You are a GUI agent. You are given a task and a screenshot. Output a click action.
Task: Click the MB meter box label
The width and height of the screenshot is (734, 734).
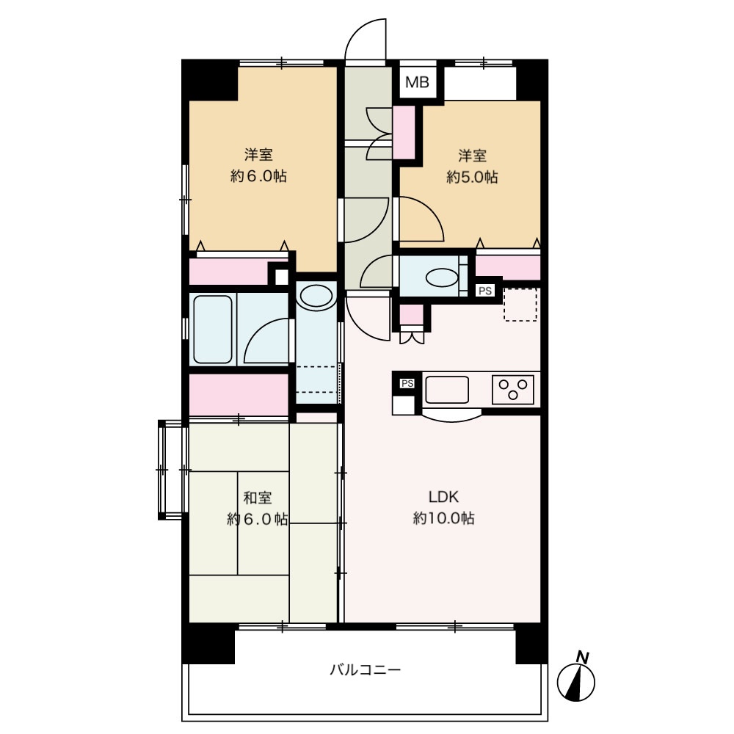[x=417, y=83]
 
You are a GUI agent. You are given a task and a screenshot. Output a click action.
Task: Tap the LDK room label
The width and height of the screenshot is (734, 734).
[x=444, y=497]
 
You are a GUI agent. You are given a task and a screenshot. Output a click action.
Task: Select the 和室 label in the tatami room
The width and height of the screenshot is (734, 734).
[x=258, y=498]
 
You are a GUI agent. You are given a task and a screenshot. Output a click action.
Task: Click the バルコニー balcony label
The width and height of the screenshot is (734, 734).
[x=365, y=670]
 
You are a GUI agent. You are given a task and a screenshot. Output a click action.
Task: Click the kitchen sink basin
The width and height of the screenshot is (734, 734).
[x=447, y=390]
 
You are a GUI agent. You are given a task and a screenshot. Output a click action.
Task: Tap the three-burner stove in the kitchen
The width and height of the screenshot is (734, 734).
[x=512, y=390]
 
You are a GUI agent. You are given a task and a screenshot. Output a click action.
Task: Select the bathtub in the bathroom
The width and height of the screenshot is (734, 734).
[x=213, y=329]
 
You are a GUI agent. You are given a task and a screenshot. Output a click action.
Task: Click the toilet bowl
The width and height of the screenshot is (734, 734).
[x=442, y=277]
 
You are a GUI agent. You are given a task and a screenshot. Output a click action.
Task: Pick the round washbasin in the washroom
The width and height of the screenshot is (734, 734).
[x=316, y=297]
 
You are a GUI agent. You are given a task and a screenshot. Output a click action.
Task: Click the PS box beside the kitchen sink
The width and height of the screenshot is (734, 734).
[x=407, y=383]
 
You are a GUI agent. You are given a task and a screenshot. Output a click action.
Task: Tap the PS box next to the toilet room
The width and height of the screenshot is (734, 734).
[x=485, y=291]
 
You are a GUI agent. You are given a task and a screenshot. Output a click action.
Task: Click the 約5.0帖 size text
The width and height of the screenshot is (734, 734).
[x=472, y=177]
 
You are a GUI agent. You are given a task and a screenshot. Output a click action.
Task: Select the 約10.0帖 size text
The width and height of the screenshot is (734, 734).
[x=444, y=518]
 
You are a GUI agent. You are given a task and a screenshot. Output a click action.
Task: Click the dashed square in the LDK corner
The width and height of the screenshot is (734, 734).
[x=520, y=305]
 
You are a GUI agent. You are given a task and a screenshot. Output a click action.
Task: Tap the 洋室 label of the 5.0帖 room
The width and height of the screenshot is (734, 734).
[x=472, y=156]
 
